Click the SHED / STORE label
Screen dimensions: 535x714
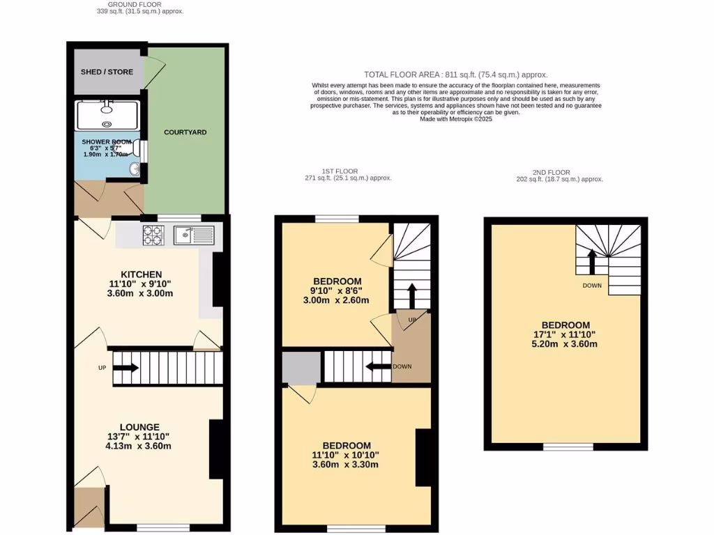pos(107,72)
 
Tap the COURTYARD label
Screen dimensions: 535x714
pos(185,132)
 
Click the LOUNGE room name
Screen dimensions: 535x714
pos(139,427)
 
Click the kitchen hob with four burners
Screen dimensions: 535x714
pos(153,235)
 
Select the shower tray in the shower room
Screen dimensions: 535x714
pos(107,114)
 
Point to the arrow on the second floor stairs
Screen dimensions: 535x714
pos(592,263)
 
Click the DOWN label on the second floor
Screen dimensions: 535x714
pos(593,286)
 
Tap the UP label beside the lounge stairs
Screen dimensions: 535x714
pos(101,367)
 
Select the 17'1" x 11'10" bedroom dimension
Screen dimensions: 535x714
pos(565,334)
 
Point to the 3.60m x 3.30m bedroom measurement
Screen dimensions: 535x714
pos(346,465)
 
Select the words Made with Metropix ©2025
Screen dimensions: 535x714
pos(456,119)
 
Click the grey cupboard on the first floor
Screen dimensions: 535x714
pos(301,367)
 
